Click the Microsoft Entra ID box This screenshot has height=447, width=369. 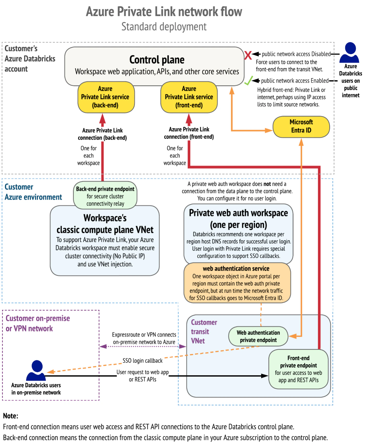(x=301, y=127)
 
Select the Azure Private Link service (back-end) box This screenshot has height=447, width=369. (x=106, y=97)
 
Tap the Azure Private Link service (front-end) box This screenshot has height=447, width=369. (x=189, y=97)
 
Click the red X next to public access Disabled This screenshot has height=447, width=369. (x=248, y=55)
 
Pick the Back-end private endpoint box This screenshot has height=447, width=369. (x=105, y=196)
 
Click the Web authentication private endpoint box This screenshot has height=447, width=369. (x=258, y=336)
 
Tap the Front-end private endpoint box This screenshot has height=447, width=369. (x=299, y=369)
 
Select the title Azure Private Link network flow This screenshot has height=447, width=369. (x=164, y=12)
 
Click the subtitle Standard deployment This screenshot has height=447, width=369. (x=164, y=27)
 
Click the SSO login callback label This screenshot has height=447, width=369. (x=142, y=361)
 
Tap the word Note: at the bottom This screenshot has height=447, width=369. (x=11, y=416)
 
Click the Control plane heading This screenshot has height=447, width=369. (x=157, y=60)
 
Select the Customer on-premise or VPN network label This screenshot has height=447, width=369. (x=38, y=323)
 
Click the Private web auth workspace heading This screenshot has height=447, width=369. (x=238, y=219)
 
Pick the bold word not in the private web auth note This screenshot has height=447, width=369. (x=267, y=184)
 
